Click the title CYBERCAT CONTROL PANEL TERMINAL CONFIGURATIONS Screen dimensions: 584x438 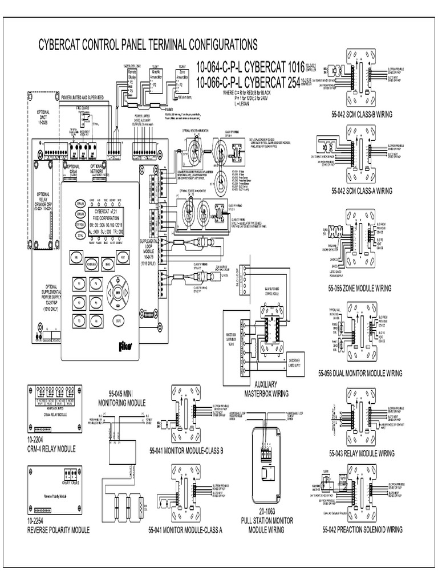click(x=147, y=45)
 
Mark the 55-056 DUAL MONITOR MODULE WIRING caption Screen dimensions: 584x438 click(x=360, y=374)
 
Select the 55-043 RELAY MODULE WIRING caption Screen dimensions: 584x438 click(x=362, y=454)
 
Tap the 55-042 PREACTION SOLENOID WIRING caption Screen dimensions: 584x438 click(x=362, y=530)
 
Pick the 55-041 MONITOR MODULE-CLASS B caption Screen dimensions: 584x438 click(x=185, y=451)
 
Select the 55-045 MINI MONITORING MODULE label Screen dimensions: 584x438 click(x=120, y=397)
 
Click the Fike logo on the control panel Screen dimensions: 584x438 click(x=121, y=346)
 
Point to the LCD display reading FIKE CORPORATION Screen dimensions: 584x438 click(x=100, y=218)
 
